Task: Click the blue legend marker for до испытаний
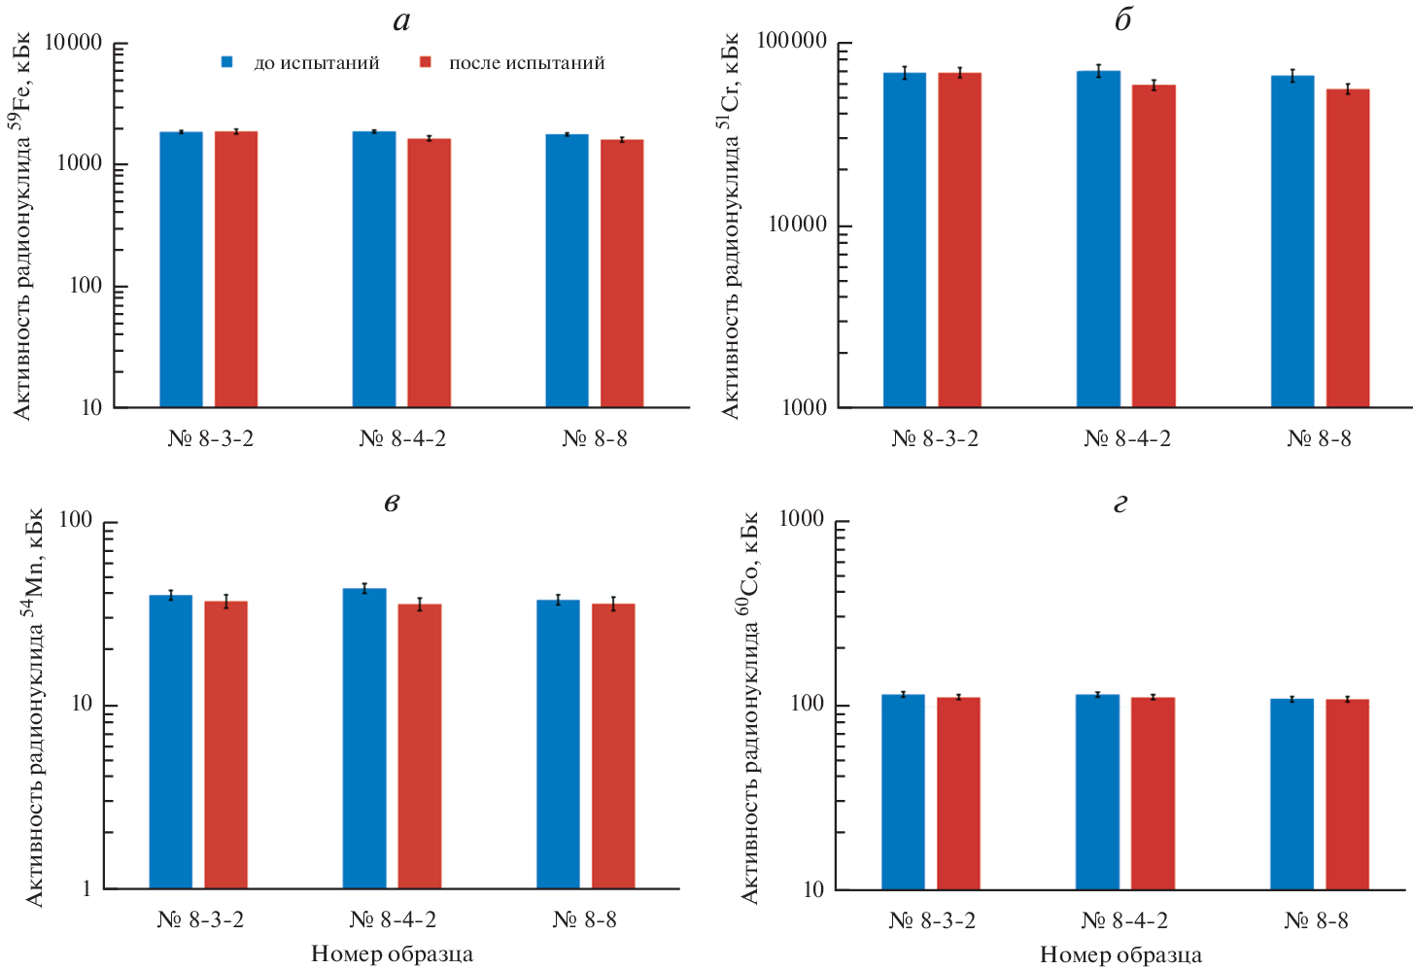coord(227,62)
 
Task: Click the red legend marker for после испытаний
coord(425,62)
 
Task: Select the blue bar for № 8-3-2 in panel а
coord(181,269)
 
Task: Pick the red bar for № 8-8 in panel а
coord(622,273)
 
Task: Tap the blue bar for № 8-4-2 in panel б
coord(1098,238)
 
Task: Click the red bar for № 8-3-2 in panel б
coord(959,239)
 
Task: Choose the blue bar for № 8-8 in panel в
coord(558,744)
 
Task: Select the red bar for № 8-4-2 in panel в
coord(420,745)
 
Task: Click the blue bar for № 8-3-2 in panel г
coord(903,791)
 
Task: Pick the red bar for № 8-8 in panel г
coord(1347,793)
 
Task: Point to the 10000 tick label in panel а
coord(73,43)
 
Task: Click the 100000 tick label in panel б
coord(791,42)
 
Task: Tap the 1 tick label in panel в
coord(86,888)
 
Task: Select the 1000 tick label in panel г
coord(802,520)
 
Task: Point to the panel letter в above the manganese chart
coord(392,502)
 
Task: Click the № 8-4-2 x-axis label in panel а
coord(402,438)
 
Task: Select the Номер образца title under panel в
coord(392,953)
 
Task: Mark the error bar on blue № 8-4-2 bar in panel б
coord(1098,71)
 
